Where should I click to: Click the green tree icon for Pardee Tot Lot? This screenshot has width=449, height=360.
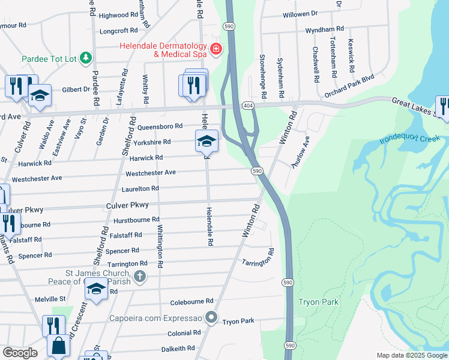tap(87, 58)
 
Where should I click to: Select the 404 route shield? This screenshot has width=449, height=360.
tap(248, 104)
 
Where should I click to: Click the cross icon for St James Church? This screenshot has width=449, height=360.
tap(139, 277)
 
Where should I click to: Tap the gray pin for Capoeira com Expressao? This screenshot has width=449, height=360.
tap(211, 317)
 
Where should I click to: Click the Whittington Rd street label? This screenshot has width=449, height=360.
tap(160, 246)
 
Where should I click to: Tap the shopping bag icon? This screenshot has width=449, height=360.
tap(59, 346)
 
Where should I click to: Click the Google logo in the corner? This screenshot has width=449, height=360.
tap(20, 353)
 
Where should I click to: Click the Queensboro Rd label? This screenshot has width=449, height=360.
tap(160, 127)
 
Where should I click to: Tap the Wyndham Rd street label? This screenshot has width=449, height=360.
tap(324, 28)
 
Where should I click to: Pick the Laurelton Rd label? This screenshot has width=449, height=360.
tap(142, 188)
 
